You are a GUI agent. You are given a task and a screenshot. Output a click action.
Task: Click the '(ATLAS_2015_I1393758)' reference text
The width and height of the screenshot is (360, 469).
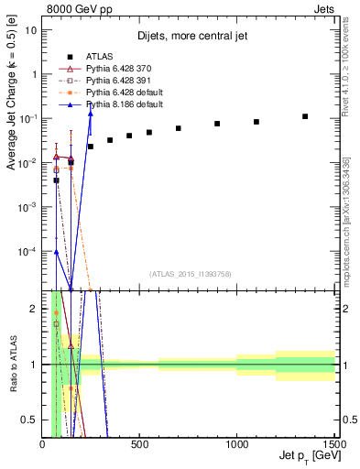coord(191,273)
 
